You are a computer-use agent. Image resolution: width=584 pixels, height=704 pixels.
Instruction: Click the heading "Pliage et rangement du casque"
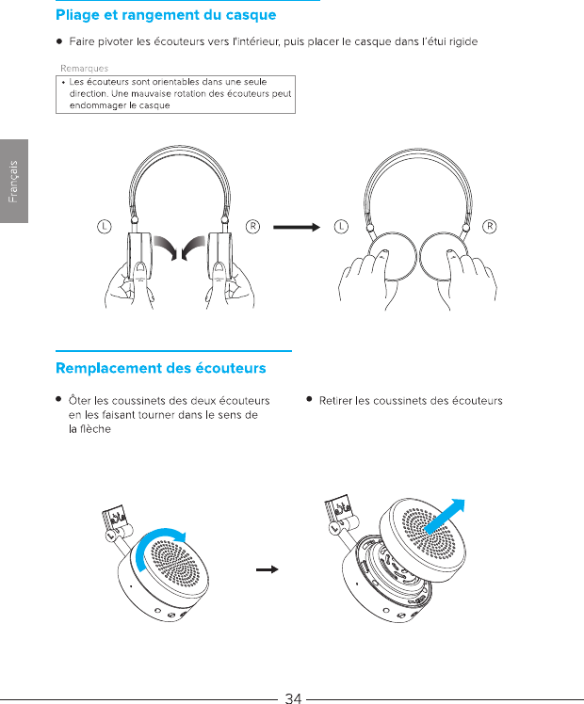166,15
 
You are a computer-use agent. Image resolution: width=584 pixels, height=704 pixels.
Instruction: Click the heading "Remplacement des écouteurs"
161,367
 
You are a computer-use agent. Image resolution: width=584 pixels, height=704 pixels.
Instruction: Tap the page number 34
293,697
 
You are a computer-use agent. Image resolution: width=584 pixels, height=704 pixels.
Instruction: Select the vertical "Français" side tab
14,182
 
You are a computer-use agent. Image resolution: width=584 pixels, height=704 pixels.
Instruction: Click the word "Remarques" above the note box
85,68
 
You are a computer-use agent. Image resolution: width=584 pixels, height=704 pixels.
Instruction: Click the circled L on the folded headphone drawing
340,226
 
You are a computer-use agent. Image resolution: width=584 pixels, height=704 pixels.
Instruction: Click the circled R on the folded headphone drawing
489,226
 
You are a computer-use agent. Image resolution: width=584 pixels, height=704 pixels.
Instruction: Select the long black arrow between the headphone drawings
295,226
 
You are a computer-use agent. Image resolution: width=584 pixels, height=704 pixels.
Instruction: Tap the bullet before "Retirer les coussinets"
309,400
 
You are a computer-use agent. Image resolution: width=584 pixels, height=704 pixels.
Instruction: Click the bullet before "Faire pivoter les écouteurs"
59,42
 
